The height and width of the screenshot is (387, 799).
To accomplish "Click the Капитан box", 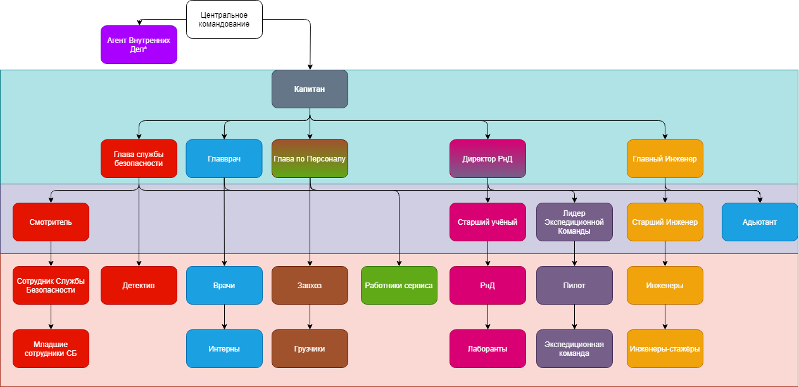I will (x=310, y=89).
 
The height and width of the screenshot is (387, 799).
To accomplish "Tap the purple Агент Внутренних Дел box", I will (x=139, y=44).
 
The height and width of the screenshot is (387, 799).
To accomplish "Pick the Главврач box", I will (x=224, y=158).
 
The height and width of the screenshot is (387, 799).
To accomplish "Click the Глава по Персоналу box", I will (x=310, y=158).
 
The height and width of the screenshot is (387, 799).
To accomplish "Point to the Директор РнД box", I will (x=488, y=158).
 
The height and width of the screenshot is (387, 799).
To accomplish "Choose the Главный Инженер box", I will (x=665, y=158).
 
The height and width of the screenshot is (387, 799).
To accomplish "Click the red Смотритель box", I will (x=51, y=222).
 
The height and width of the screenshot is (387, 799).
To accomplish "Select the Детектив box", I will (x=139, y=285).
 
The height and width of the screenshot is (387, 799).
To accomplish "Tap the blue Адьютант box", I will (x=760, y=222).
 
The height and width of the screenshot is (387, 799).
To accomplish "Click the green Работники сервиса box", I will (x=399, y=285).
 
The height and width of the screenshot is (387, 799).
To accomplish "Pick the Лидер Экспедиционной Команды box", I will (x=574, y=222).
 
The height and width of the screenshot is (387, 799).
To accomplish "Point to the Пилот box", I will (x=574, y=285).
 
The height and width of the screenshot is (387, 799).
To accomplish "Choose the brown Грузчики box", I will (x=310, y=348).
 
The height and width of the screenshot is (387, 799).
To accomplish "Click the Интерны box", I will (x=224, y=348).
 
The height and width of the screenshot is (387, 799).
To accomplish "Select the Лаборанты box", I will (x=488, y=348).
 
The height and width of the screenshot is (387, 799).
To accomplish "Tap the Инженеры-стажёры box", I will (x=665, y=348).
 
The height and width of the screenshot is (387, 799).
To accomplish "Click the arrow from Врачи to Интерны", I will (x=224, y=317).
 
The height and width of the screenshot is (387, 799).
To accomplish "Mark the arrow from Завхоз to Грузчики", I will (x=310, y=317).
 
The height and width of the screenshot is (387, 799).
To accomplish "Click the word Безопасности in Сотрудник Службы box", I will (x=51, y=290).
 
